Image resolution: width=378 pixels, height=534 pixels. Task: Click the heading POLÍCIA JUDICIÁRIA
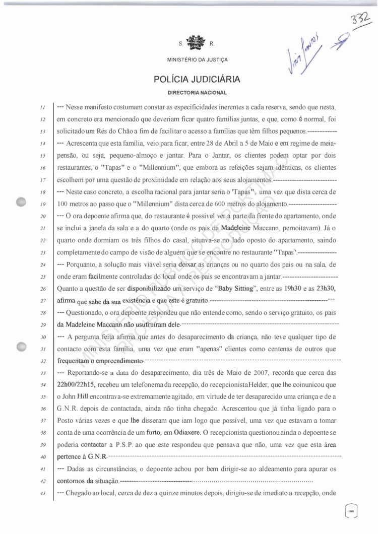[x=197, y=79]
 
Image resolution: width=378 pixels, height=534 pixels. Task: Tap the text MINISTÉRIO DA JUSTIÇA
[x=197, y=60]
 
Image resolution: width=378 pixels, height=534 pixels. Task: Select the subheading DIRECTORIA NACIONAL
[x=197, y=93]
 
